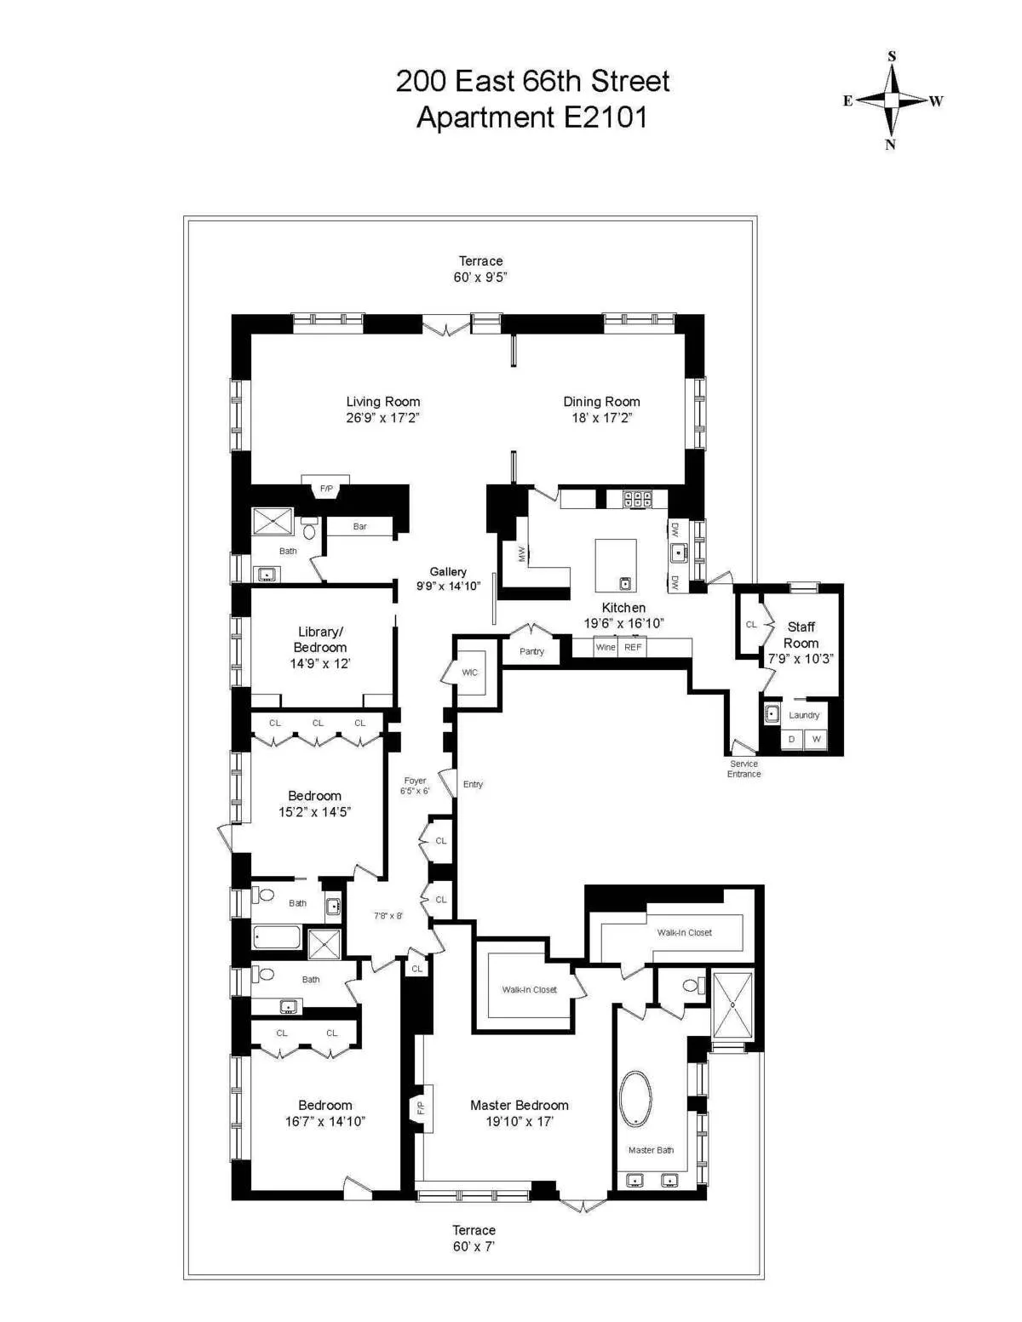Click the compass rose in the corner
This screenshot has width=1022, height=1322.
(x=892, y=100)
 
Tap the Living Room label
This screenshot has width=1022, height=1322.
(x=383, y=402)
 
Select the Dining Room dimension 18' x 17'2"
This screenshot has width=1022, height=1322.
(x=601, y=418)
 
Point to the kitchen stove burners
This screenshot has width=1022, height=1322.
(x=637, y=500)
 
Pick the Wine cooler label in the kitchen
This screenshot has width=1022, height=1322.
(x=606, y=648)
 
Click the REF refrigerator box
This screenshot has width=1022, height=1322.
(x=633, y=648)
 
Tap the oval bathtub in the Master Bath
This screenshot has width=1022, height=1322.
(x=635, y=1099)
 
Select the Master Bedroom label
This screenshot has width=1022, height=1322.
(x=520, y=1105)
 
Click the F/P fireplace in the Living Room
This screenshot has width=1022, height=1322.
(x=326, y=489)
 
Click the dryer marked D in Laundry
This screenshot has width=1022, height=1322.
(x=792, y=739)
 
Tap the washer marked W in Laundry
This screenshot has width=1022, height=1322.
(x=816, y=739)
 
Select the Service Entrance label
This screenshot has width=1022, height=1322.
(x=744, y=769)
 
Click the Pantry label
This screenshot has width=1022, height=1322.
(x=531, y=651)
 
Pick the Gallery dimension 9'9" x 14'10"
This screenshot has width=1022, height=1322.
(x=448, y=586)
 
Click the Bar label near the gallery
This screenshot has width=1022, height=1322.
(x=360, y=527)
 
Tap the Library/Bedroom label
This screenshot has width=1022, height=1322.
(x=320, y=639)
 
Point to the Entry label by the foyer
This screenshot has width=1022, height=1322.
(x=473, y=784)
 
